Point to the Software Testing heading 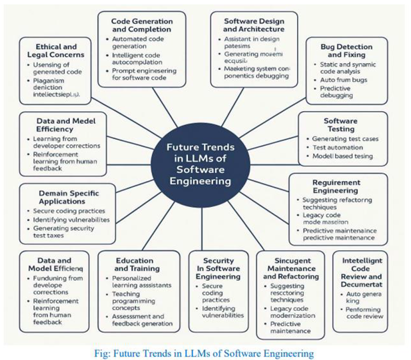click(x=340, y=124)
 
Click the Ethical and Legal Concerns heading click(x=57, y=52)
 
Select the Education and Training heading click(x=138, y=264)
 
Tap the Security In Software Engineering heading click(x=219, y=269)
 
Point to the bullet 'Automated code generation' click(x=140, y=43)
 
